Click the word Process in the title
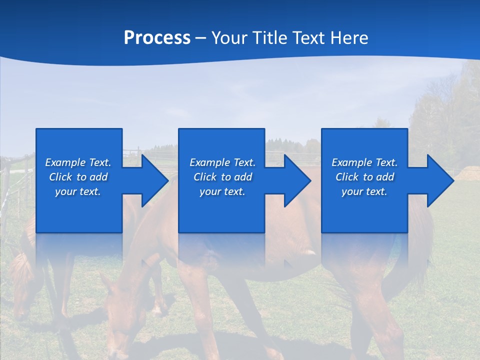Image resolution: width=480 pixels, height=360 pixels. point(157,37)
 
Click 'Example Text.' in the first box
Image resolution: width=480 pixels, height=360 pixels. point(78,162)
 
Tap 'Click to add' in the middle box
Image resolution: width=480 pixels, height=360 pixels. point(223,177)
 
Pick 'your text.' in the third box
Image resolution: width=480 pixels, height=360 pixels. point(364,191)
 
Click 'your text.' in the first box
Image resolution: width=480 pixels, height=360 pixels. point(78,191)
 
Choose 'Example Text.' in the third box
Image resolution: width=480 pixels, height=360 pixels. point(364,162)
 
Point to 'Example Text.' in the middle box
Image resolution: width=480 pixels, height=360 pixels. point(223,162)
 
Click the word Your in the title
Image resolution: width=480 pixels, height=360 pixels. point(228,37)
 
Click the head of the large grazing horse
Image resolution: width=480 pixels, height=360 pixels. point(117,320)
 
